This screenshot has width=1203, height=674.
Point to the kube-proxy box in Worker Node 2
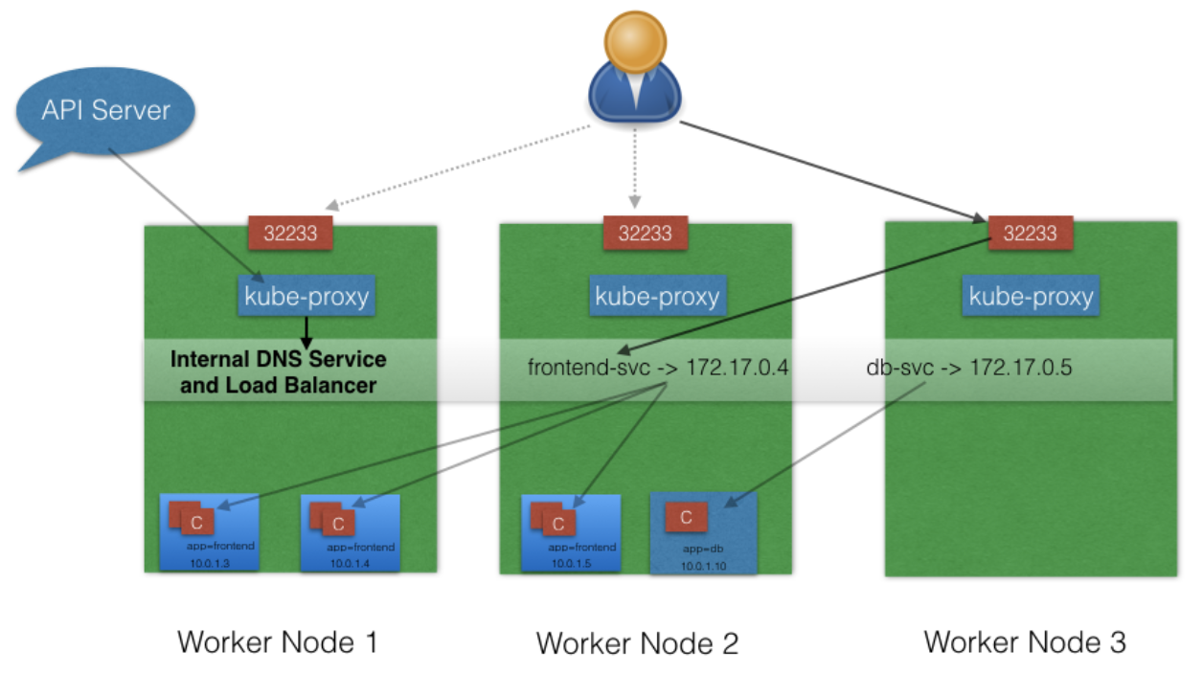pos(657,297)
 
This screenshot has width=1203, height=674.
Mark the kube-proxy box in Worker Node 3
pos(1031,297)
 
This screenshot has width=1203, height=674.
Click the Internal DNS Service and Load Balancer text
pos(278,372)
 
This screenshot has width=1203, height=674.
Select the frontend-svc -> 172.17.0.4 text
pos(658,366)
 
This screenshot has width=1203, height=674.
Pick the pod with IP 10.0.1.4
pos(349,532)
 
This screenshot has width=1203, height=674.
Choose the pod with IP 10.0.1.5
pos(571,532)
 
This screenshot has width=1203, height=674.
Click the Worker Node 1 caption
pos(277,641)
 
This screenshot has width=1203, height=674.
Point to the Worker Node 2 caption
pos(637,642)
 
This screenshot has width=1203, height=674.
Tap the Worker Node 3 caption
pos(1025,641)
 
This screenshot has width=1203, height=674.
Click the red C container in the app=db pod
pos(686,518)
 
